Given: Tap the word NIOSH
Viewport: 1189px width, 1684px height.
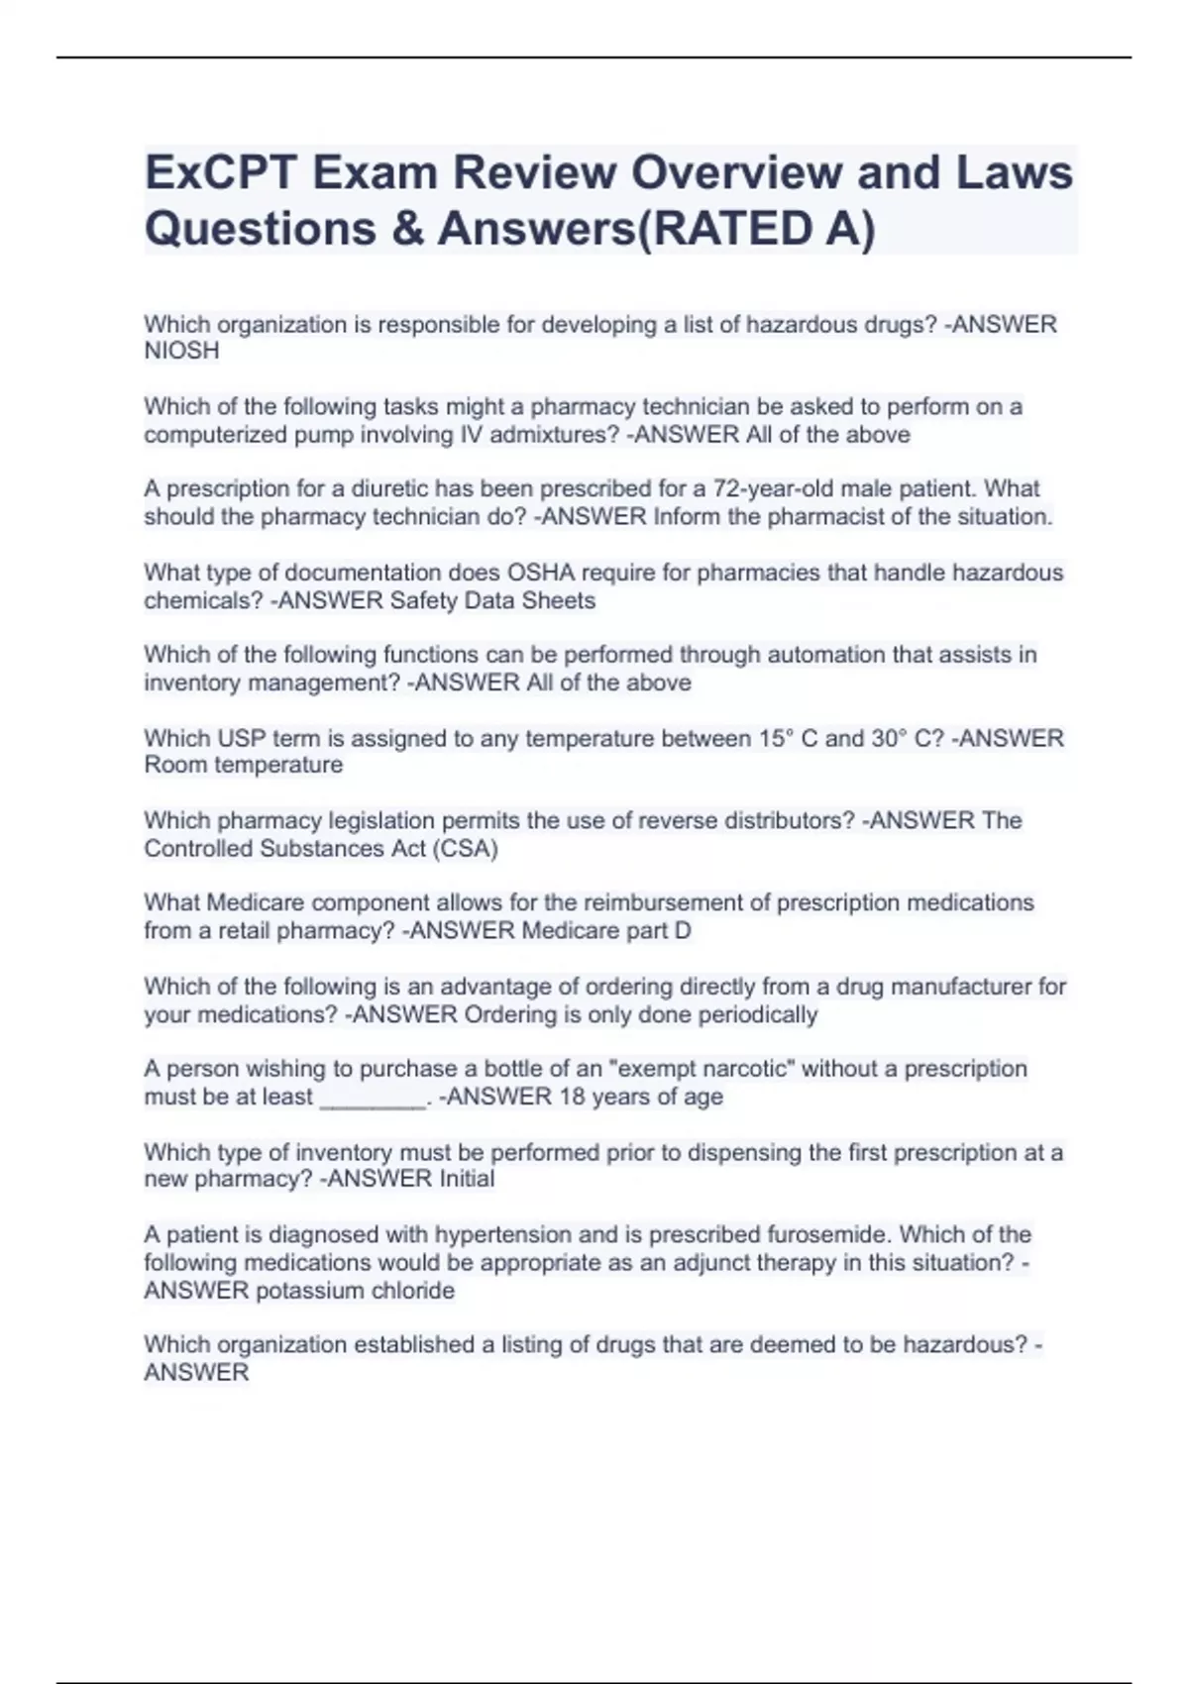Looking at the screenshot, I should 181,351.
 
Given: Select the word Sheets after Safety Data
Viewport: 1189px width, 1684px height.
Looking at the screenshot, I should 560,600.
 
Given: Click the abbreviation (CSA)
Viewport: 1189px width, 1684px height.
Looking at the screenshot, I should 465,848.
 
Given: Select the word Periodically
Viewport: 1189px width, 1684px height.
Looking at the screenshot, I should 758,1014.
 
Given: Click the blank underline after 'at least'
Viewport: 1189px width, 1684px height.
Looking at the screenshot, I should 373,1099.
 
